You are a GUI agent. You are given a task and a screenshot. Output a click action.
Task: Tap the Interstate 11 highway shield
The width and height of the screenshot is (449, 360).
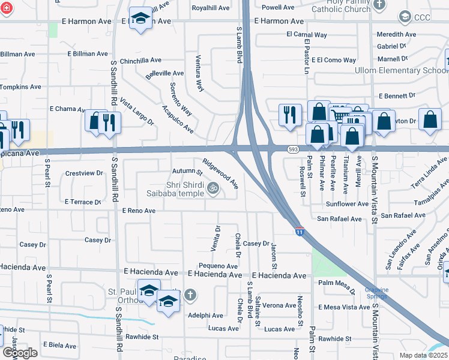point(299,230)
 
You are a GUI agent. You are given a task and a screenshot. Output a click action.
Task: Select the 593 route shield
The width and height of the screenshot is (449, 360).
point(292,149)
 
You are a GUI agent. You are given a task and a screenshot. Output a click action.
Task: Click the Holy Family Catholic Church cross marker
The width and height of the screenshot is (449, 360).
point(379,5)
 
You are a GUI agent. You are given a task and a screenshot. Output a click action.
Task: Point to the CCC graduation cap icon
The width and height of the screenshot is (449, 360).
point(404,16)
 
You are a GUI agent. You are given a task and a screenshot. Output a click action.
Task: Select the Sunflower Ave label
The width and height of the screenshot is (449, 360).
point(347,204)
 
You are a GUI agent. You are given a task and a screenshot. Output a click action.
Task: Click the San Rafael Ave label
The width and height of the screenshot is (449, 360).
point(340,219)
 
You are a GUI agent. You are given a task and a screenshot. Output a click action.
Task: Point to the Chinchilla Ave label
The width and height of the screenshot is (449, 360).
point(141,61)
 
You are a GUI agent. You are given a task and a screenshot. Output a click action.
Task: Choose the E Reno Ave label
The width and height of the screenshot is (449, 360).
point(139,211)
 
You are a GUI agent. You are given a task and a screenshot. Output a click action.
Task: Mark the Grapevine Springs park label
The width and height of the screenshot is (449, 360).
point(377,293)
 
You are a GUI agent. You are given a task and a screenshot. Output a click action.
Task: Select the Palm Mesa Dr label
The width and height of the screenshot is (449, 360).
point(338,283)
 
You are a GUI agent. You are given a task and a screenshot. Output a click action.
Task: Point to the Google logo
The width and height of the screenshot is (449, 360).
point(20,353)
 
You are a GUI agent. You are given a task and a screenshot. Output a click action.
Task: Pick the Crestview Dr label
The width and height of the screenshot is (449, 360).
point(84,173)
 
